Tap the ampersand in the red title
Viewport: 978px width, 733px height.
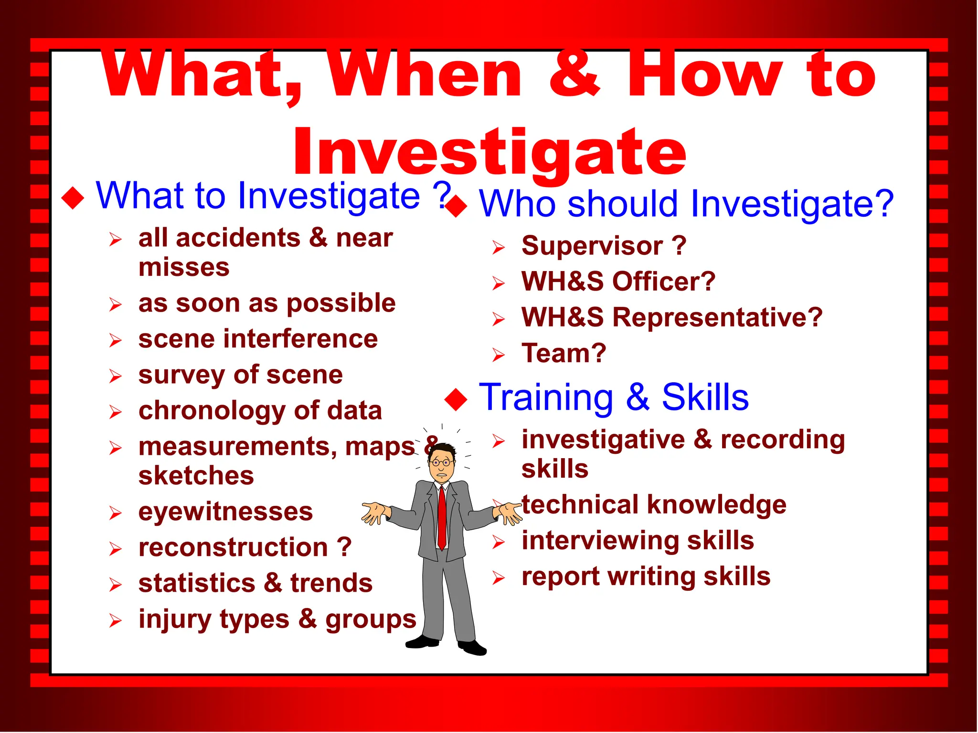click(x=574, y=74)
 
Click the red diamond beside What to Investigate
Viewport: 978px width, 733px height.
click(x=73, y=198)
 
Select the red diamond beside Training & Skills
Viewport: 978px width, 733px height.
click(x=456, y=399)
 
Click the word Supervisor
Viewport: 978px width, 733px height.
click(x=592, y=246)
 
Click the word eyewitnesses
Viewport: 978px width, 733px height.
click(x=225, y=512)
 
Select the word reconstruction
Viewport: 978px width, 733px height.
click(x=233, y=548)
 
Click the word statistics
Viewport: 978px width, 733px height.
click(x=197, y=584)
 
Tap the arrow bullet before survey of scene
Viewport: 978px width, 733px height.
click(x=115, y=376)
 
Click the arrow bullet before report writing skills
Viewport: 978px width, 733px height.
click(x=498, y=578)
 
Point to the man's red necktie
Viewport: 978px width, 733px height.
click(x=442, y=518)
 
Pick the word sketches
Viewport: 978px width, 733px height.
click(x=196, y=476)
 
